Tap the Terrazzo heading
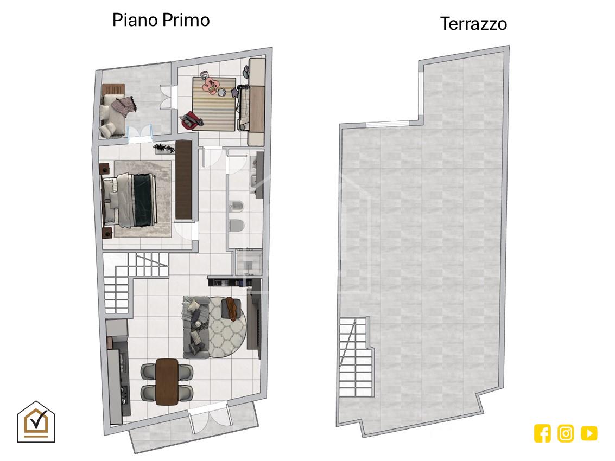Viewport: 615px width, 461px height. click(x=473, y=24)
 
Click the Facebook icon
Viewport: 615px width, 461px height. click(x=542, y=433)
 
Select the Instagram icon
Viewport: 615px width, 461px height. click(x=566, y=433)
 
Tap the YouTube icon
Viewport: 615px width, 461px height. click(x=589, y=433)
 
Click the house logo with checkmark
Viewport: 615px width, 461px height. click(x=36, y=421)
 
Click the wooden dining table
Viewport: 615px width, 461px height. click(x=167, y=381)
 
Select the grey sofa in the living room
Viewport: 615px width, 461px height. click(x=195, y=326)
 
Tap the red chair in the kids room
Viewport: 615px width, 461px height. click(x=192, y=119)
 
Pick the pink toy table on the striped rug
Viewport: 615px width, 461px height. click(x=211, y=86)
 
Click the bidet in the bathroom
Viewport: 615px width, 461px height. click(x=237, y=206)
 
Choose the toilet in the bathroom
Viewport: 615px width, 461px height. click(x=237, y=226)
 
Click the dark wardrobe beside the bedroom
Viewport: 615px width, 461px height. click(x=183, y=180)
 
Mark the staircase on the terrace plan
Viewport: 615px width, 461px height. click(x=355, y=357)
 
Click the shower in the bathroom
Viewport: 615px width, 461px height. click(x=249, y=262)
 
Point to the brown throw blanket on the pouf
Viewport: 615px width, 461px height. click(x=232, y=308)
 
